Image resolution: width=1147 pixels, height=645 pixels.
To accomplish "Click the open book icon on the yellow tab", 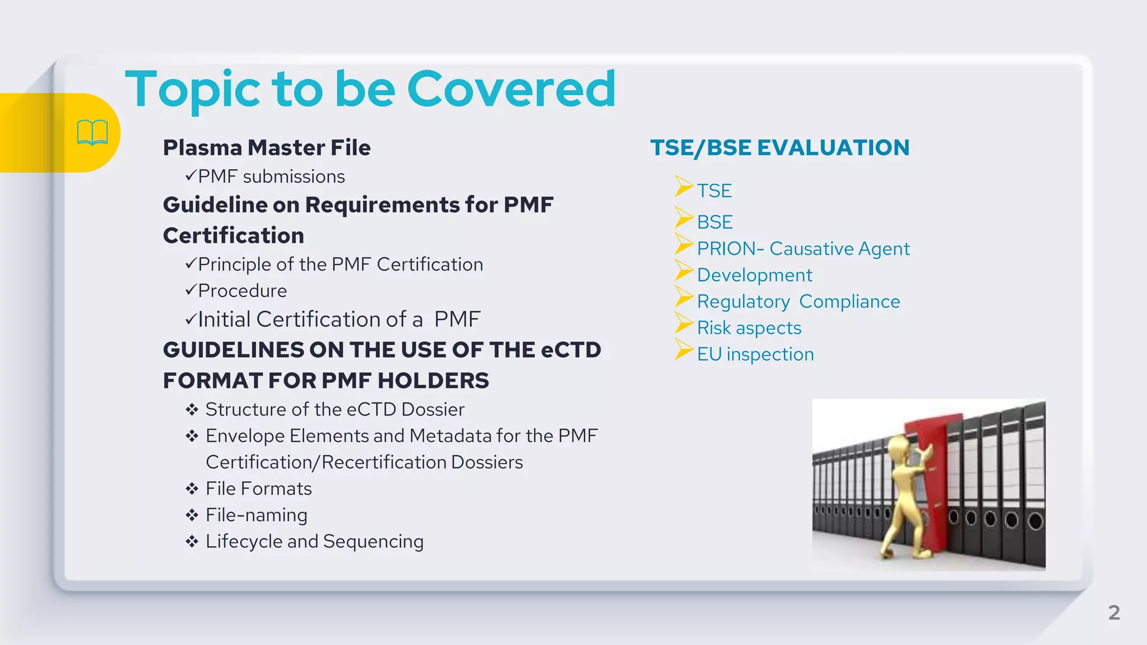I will click(x=92, y=133).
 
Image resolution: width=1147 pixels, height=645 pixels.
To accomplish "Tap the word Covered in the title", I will click(x=511, y=89).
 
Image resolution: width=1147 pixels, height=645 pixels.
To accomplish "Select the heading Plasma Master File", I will click(x=267, y=148).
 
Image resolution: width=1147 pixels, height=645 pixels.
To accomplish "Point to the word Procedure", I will click(x=242, y=291).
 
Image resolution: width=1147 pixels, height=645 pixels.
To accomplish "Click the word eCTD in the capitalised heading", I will click(x=571, y=350).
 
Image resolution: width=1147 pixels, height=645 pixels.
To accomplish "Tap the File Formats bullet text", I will click(x=258, y=488).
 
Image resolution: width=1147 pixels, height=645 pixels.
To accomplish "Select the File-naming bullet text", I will click(x=256, y=515).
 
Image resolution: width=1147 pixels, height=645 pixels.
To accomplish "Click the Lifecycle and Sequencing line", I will click(x=314, y=541).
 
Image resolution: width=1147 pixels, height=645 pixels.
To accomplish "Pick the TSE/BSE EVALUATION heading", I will click(x=780, y=148).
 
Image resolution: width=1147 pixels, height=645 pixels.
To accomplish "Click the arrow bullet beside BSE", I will click(x=684, y=218).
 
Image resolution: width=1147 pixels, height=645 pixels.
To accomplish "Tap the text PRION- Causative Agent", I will click(x=803, y=248).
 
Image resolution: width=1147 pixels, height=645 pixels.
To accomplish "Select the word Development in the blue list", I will click(x=754, y=275).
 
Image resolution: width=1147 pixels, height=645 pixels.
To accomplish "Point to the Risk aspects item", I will click(x=749, y=328).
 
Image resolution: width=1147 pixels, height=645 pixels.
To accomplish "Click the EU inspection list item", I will click(x=755, y=354).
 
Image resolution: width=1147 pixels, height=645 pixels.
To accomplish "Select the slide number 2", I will click(x=1114, y=612).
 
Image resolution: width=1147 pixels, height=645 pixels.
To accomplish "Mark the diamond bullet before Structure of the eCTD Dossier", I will click(x=192, y=409).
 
